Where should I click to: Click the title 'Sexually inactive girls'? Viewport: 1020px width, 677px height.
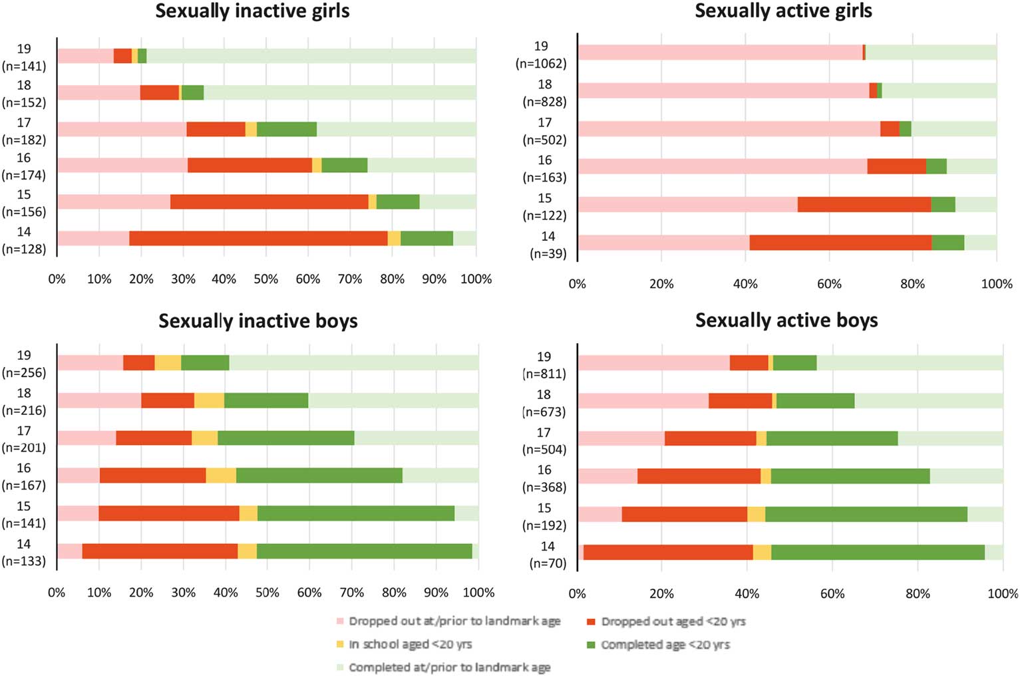252,11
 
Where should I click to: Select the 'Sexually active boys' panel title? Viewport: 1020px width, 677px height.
786,321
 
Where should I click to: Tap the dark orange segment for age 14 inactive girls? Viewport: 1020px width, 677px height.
258,238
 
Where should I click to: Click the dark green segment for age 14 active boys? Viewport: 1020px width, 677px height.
878,552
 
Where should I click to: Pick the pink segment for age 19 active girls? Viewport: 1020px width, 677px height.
720,53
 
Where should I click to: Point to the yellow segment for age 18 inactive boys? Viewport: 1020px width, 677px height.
209,400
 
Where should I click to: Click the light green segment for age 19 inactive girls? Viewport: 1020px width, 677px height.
311,56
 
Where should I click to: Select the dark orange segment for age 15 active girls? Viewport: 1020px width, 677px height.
864,205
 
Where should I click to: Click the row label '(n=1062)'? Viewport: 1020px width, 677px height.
541,64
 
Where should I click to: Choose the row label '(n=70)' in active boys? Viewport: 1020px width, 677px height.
548,563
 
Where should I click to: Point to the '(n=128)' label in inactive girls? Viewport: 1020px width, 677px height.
24,249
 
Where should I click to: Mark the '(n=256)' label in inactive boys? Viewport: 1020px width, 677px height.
24,373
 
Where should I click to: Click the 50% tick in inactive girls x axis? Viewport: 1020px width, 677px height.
265,279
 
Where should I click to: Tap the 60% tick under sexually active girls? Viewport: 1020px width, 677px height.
828,284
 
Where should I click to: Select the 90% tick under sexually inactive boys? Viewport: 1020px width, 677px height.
436,593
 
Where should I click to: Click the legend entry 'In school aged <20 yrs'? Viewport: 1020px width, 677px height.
410,644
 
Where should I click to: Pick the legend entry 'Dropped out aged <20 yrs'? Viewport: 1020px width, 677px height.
673,622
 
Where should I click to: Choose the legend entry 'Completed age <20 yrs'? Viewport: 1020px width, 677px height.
665,645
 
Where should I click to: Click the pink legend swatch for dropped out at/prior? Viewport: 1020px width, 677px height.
340,622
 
